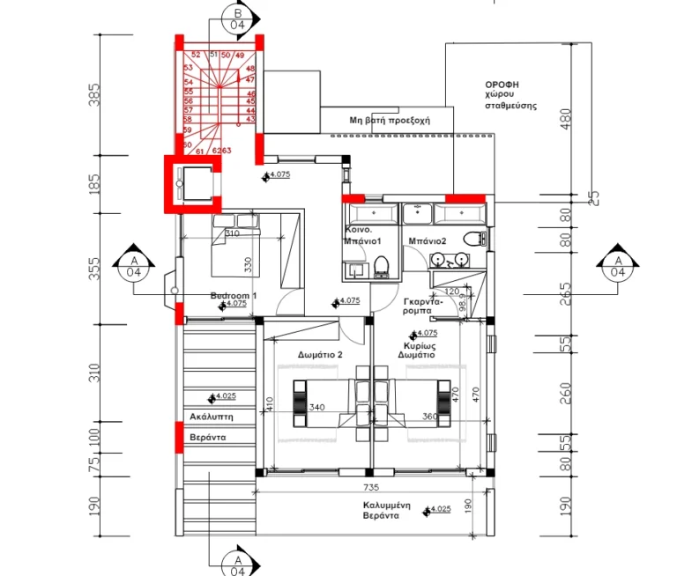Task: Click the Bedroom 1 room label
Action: click(233, 296)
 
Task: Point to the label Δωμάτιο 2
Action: click(320, 354)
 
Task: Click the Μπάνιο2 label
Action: click(428, 240)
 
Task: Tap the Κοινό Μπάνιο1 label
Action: click(361, 234)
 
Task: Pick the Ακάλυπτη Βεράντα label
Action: click(209, 425)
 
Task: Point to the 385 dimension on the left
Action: click(94, 94)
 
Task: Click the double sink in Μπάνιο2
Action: click(450, 260)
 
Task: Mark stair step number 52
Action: click(196, 55)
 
